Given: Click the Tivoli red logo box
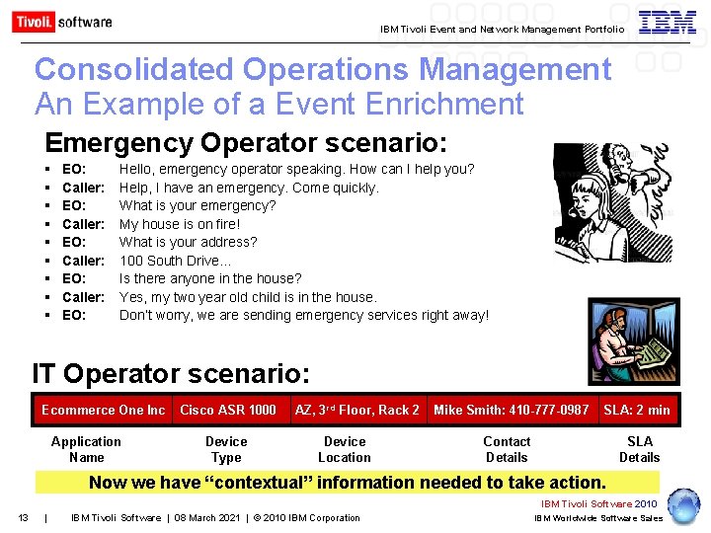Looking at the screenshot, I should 33,22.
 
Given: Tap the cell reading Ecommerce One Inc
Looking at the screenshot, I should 103,410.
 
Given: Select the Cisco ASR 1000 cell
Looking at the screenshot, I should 228,410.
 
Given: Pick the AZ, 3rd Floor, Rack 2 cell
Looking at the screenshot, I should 356,410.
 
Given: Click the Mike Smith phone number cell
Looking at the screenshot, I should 512,410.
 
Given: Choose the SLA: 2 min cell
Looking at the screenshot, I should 637,410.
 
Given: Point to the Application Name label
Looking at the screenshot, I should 86,449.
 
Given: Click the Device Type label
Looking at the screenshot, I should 226,449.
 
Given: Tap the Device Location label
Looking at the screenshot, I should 345,449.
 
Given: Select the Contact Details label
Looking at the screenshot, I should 507,449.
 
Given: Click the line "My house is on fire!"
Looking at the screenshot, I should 180,224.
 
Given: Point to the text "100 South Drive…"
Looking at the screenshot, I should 175,261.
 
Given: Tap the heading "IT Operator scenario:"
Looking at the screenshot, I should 171,374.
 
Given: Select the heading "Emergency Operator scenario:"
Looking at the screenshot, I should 246,142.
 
